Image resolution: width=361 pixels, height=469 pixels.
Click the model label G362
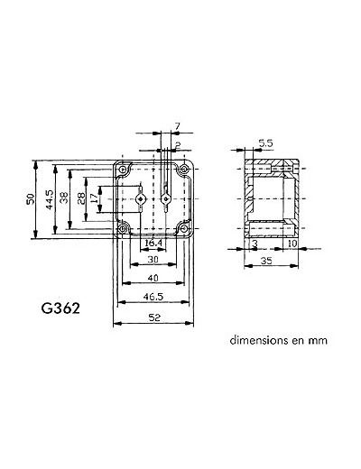pyautogui.click(x=62, y=308)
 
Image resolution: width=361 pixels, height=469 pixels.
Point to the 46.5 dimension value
pyautogui.click(x=152, y=295)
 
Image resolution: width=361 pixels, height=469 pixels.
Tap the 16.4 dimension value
pyautogui.click(x=153, y=244)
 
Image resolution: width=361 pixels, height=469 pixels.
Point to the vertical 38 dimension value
pyautogui.click(x=63, y=198)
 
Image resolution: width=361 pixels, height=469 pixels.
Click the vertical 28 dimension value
pyautogui.click(x=82, y=198)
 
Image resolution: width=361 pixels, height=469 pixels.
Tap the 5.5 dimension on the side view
pyautogui.click(x=264, y=143)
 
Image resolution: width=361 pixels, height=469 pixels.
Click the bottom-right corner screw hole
pyautogui.click(x=185, y=227)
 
